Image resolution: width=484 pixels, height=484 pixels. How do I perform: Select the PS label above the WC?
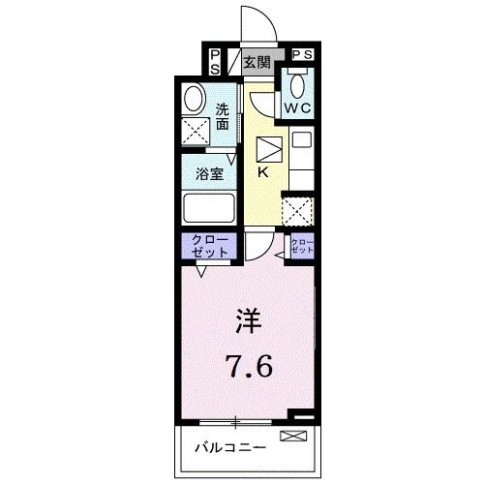tap(302, 56)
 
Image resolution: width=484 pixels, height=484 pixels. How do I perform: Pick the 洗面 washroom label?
tap(224, 116)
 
